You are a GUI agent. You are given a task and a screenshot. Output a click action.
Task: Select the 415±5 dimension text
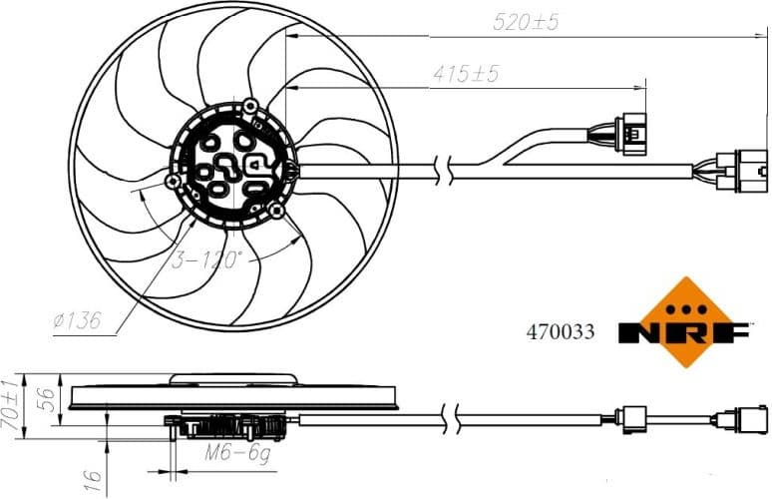point(466,74)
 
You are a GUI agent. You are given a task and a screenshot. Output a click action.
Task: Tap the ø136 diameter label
point(78,321)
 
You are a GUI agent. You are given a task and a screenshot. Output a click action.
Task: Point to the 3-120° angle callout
point(206,260)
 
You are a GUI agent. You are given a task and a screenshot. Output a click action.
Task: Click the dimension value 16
point(92,479)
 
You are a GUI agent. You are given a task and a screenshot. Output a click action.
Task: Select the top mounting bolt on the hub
point(250,105)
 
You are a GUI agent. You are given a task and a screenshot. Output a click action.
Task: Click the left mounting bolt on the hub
point(174,181)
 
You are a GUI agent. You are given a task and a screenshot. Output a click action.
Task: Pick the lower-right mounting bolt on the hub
point(276,211)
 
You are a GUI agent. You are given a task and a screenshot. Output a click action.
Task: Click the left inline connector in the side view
point(635,419)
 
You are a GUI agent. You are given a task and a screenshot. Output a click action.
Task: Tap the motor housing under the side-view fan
point(228,428)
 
